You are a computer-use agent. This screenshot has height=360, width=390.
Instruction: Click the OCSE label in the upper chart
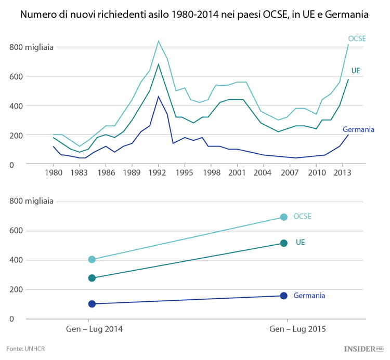click(x=357, y=38)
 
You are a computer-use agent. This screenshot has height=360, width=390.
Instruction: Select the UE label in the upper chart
click(x=356, y=70)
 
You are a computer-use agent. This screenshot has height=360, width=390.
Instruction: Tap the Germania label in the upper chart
click(x=358, y=129)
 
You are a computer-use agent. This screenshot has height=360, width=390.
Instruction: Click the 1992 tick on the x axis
click(x=159, y=172)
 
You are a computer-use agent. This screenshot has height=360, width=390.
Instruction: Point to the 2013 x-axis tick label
click(x=341, y=172)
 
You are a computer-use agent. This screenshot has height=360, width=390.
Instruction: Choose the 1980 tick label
click(x=53, y=172)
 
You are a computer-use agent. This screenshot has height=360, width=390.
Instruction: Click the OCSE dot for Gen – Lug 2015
click(x=284, y=217)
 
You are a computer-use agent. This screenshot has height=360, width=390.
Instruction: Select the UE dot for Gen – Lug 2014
click(x=92, y=278)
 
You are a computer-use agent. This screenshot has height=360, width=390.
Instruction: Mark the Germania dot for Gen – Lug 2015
click(x=284, y=296)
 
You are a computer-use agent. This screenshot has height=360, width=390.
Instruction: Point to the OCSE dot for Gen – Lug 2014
click(x=92, y=259)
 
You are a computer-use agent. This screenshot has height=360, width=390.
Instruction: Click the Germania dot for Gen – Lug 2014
click(x=92, y=304)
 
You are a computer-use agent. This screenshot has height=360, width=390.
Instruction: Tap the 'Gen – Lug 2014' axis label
click(x=94, y=329)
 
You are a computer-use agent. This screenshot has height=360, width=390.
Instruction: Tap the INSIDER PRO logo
click(x=363, y=349)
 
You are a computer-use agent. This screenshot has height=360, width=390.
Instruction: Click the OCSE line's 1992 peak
click(x=159, y=41)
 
